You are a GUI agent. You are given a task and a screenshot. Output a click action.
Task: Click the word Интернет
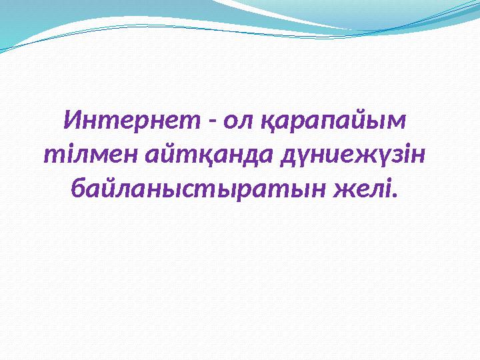coord(131,121)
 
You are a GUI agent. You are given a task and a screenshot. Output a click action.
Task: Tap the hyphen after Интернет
coord(211,123)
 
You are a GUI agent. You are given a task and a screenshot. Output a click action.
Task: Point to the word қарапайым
coord(334,124)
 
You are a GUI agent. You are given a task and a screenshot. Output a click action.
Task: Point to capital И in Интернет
coord(72,121)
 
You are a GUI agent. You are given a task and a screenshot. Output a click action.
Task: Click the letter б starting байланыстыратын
coord(78,189)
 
